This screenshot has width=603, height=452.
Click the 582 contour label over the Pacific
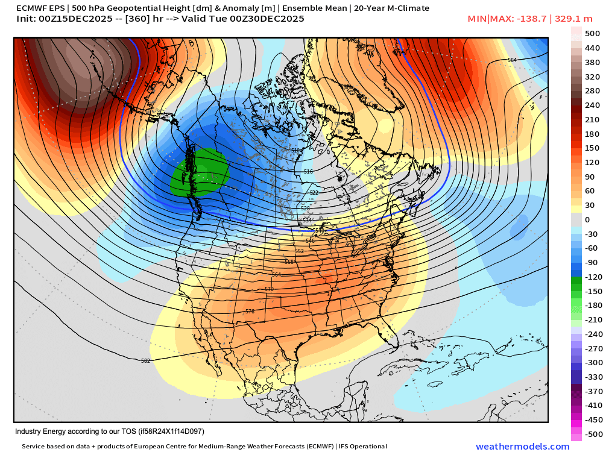[x=145, y=361]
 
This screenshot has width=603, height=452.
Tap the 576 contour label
[x=250, y=312]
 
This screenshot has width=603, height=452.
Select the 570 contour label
[x=269, y=289]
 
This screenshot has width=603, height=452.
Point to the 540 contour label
[x=320, y=231]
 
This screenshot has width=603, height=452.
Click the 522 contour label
[x=314, y=193]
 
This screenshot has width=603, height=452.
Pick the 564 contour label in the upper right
[x=512, y=60]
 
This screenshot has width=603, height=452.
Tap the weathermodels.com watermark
[x=522, y=446]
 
